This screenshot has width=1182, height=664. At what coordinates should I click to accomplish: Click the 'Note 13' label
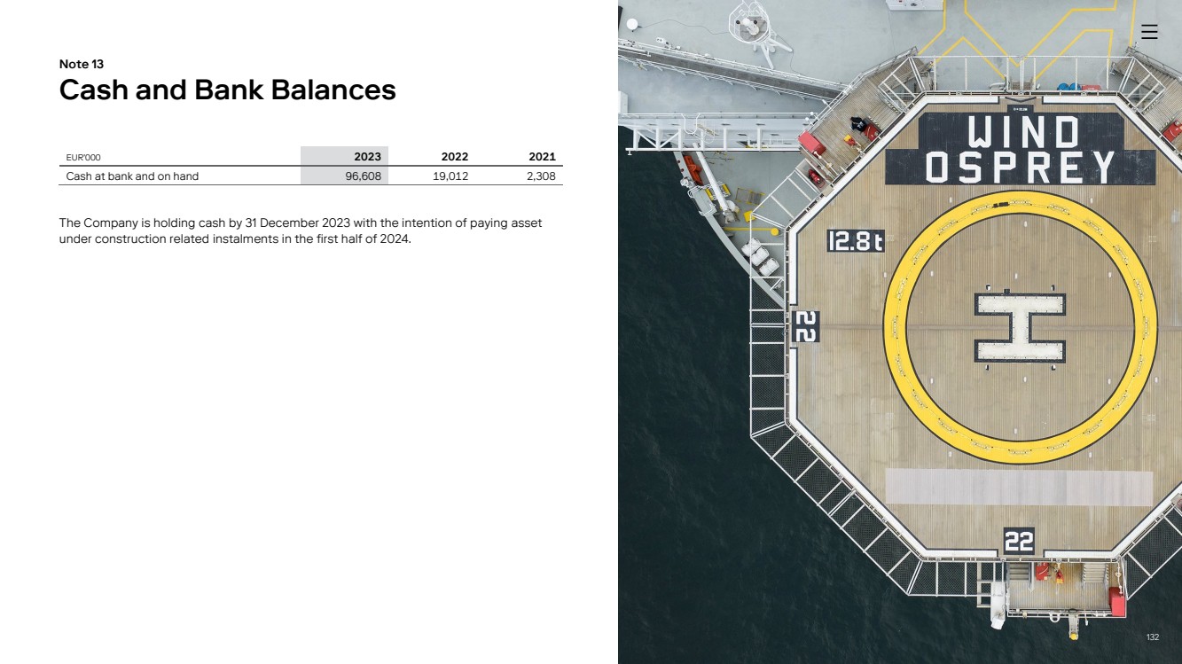pyautogui.click(x=82, y=65)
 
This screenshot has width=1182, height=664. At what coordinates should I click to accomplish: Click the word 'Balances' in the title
pyautogui.click(x=333, y=90)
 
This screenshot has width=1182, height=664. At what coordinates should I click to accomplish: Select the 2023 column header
pyautogui.click(x=367, y=157)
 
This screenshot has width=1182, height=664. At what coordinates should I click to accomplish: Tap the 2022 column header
pyautogui.click(x=454, y=157)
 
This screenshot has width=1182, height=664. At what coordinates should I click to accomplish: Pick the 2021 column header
pyautogui.click(x=542, y=157)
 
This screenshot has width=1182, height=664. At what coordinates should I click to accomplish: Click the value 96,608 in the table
pyautogui.click(x=363, y=176)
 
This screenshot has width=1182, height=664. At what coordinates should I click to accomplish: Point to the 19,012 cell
pyautogui.click(x=450, y=176)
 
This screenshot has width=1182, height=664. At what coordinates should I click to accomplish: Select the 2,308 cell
pyautogui.click(x=541, y=176)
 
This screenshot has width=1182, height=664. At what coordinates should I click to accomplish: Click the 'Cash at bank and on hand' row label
pyautogui.click(x=132, y=176)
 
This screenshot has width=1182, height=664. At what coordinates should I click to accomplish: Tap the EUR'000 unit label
pyautogui.click(x=82, y=157)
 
